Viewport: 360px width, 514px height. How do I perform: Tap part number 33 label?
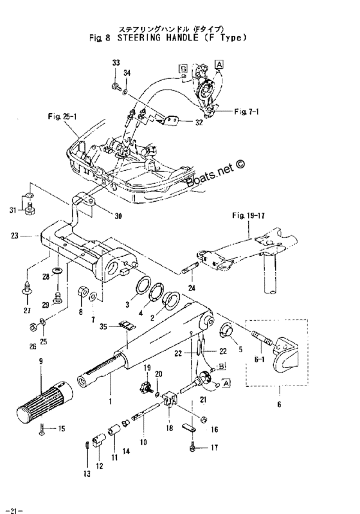(116, 62)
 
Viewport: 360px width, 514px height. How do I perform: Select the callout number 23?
(15, 236)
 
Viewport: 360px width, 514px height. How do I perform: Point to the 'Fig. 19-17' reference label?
(249, 216)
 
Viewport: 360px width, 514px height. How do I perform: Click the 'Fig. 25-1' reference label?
(62, 116)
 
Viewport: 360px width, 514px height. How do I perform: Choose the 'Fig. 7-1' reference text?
(247, 112)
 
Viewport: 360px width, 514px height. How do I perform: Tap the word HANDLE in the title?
(182, 37)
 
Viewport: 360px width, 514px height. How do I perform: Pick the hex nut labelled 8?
(82, 291)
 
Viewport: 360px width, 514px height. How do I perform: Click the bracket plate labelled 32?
(170, 121)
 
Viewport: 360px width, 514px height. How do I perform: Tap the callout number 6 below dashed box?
(279, 405)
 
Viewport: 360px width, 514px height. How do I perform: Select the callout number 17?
(214, 447)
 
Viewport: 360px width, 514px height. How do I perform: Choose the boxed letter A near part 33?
(219, 64)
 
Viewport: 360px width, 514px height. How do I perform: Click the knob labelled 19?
(145, 387)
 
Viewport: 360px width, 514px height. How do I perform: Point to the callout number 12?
(100, 466)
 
